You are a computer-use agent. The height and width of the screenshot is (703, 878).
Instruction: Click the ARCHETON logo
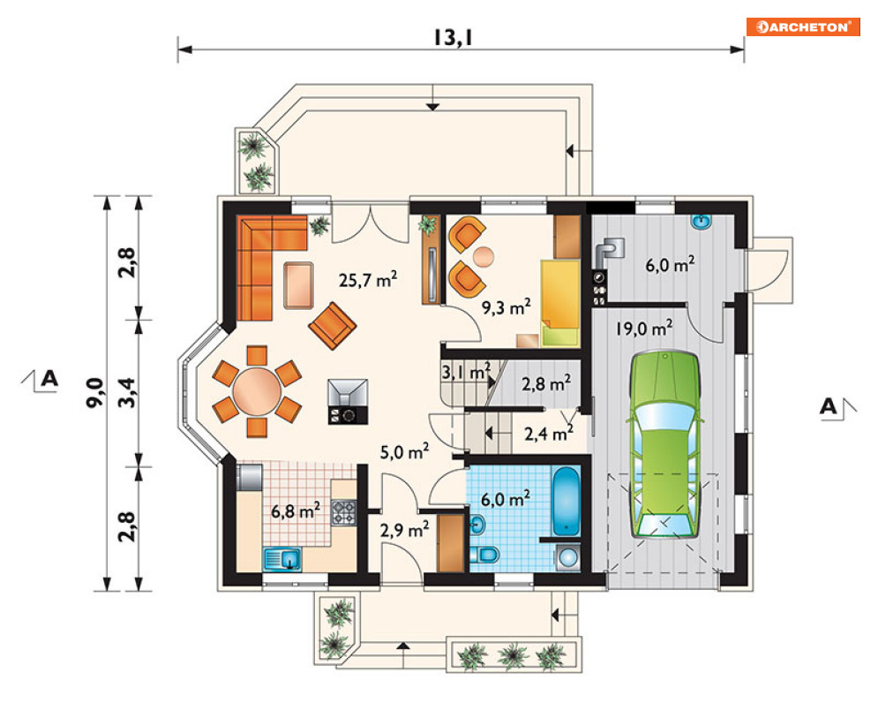tap(802, 26)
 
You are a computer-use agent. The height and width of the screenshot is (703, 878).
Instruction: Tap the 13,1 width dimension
tap(453, 38)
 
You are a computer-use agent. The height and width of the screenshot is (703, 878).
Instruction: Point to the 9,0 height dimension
tap(96, 392)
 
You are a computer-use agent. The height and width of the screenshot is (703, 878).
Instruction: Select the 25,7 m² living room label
tap(368, 279)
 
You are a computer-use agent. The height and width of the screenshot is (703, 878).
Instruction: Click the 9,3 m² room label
tap(507, 306)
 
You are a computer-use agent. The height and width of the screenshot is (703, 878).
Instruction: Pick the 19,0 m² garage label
tap(644, 328)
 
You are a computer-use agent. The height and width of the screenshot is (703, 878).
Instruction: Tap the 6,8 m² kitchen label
tap(296, 510)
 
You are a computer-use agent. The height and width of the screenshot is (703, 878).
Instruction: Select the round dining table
tap(257, 390)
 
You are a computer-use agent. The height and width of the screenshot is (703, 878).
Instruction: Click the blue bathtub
tap(567, 501)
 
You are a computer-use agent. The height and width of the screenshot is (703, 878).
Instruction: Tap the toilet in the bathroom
tap(484, 555)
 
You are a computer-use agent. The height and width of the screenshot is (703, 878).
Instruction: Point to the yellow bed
tap(560, 302)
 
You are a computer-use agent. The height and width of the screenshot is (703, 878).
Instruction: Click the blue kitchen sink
tap(282, 559)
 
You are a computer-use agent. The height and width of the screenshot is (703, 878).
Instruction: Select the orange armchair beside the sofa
tap(332, 326)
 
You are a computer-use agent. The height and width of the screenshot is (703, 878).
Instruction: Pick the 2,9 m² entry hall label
tap(405, 529)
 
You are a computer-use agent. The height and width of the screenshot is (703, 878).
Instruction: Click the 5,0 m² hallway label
tap(405, 451)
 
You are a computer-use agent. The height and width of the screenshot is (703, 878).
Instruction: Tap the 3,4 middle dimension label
tap(128, 392)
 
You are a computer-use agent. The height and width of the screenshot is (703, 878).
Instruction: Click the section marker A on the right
tap(829, 406)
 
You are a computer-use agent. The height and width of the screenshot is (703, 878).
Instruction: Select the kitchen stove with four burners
tap(344, 512)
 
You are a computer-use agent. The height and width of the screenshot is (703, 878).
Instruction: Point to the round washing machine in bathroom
tap(568, 558)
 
